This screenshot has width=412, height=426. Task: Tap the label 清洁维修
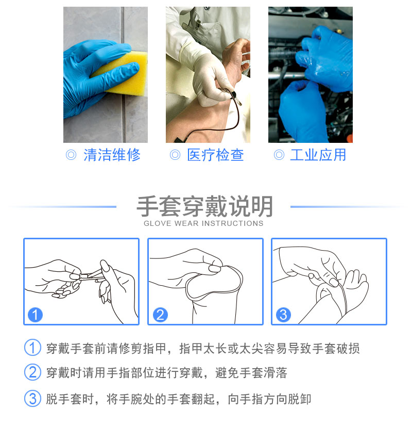112,155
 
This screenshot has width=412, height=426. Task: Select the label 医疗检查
215,155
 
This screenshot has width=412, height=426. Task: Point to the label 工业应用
318,155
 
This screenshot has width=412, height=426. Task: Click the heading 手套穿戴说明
204,206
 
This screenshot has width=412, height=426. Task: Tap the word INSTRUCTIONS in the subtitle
232,223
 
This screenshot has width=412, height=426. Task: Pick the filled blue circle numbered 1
35,315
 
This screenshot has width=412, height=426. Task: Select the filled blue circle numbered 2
160,315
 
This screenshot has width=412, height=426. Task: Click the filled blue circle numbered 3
283,315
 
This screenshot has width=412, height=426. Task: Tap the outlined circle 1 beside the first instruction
32,347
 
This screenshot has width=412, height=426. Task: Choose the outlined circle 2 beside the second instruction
32,372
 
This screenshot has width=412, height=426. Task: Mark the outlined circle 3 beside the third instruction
32,399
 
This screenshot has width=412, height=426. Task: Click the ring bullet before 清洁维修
71,155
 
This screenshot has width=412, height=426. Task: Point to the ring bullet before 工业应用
279,155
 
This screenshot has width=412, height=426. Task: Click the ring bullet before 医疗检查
175,155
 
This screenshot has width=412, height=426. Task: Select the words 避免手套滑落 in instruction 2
251,373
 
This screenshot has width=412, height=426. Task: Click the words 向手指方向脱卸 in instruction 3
269,399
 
